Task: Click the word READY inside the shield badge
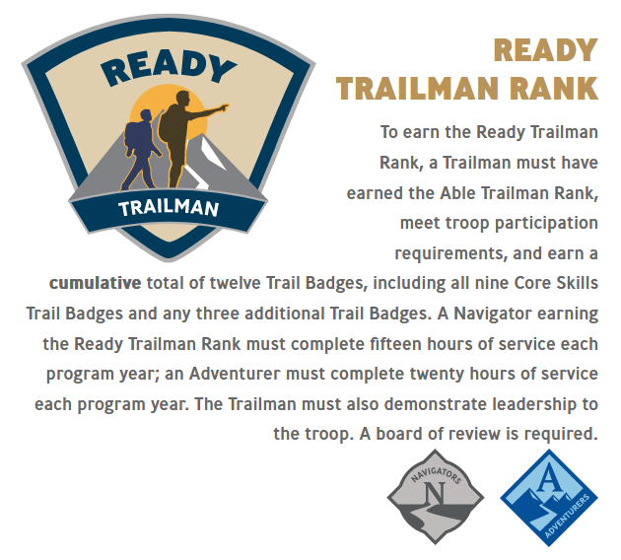[169, 68]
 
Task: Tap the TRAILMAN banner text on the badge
[169, 208]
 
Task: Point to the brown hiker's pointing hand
[224, 107]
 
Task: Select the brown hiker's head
[183, 99]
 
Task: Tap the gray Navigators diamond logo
[436, 497]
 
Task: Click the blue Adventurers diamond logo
[549, 498]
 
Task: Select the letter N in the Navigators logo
[435, 493]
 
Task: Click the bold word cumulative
[95, 283]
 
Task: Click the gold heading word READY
[545, 50]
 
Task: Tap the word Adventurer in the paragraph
[235, 374]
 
